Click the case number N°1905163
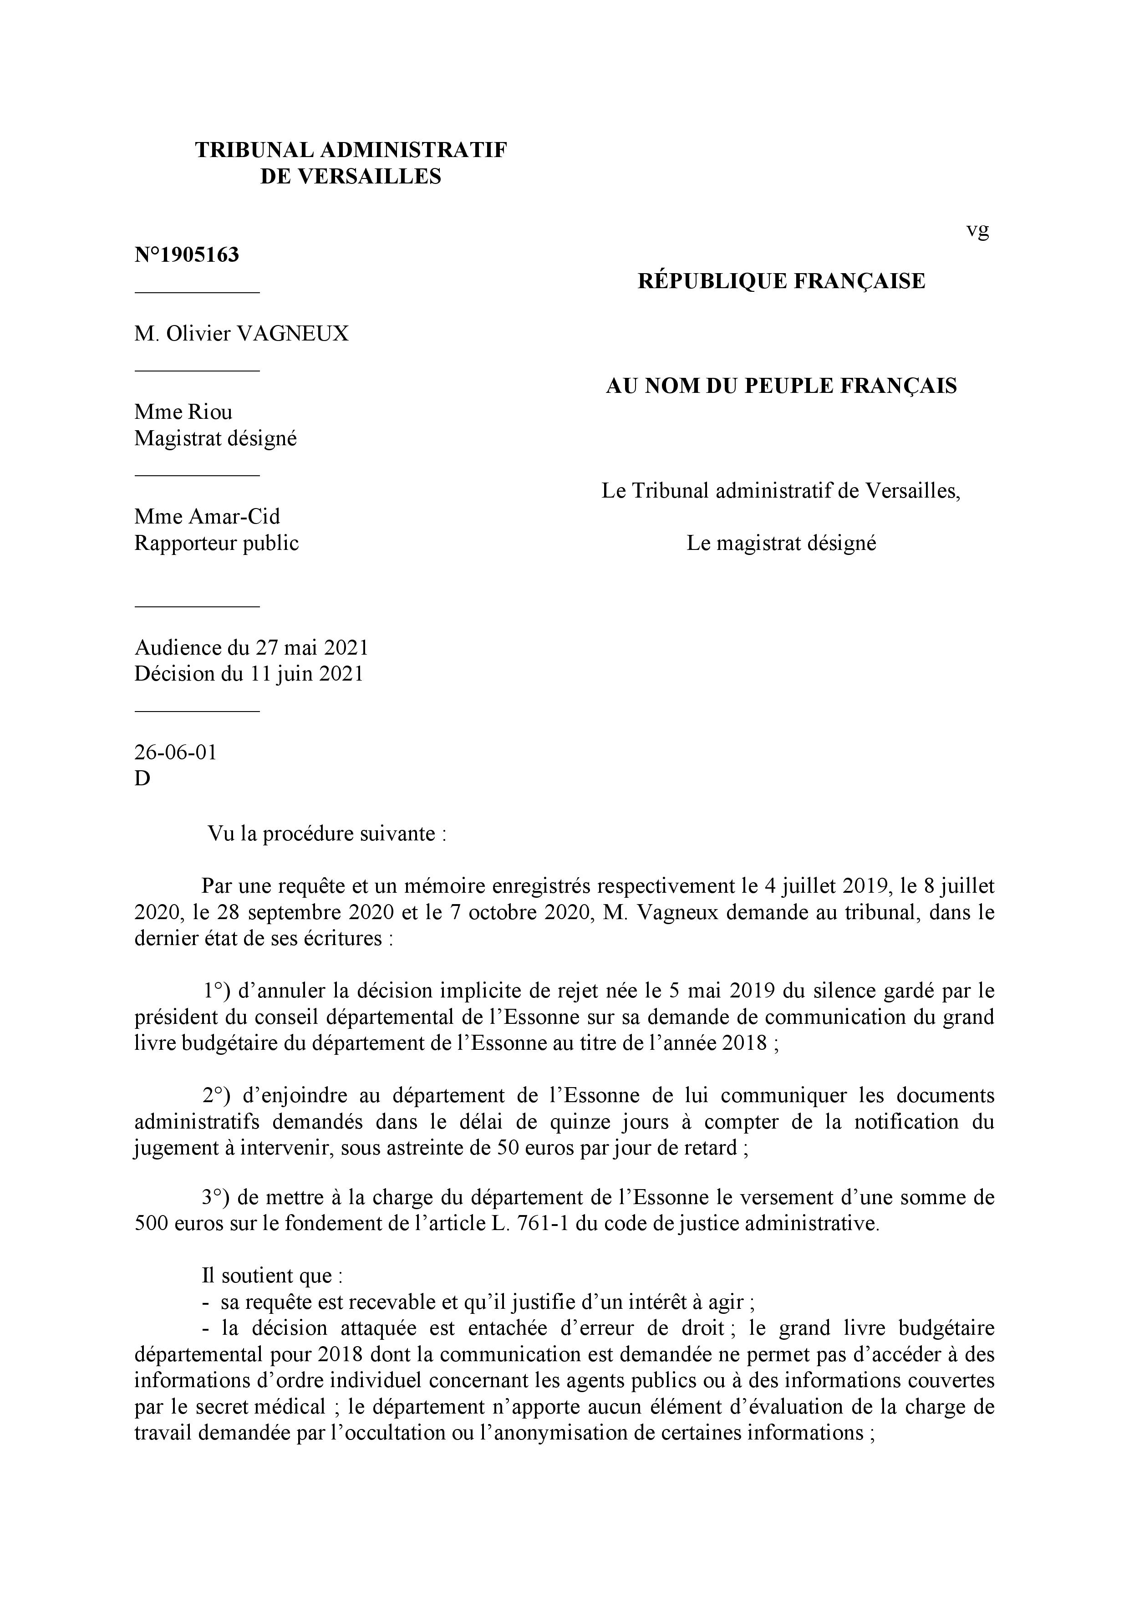point(187,255)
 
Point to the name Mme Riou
point(183,412)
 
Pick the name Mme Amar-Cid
point(207,516)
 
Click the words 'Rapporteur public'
point(216,543)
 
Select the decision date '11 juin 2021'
point(307,674)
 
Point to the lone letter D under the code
point(142,778)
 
